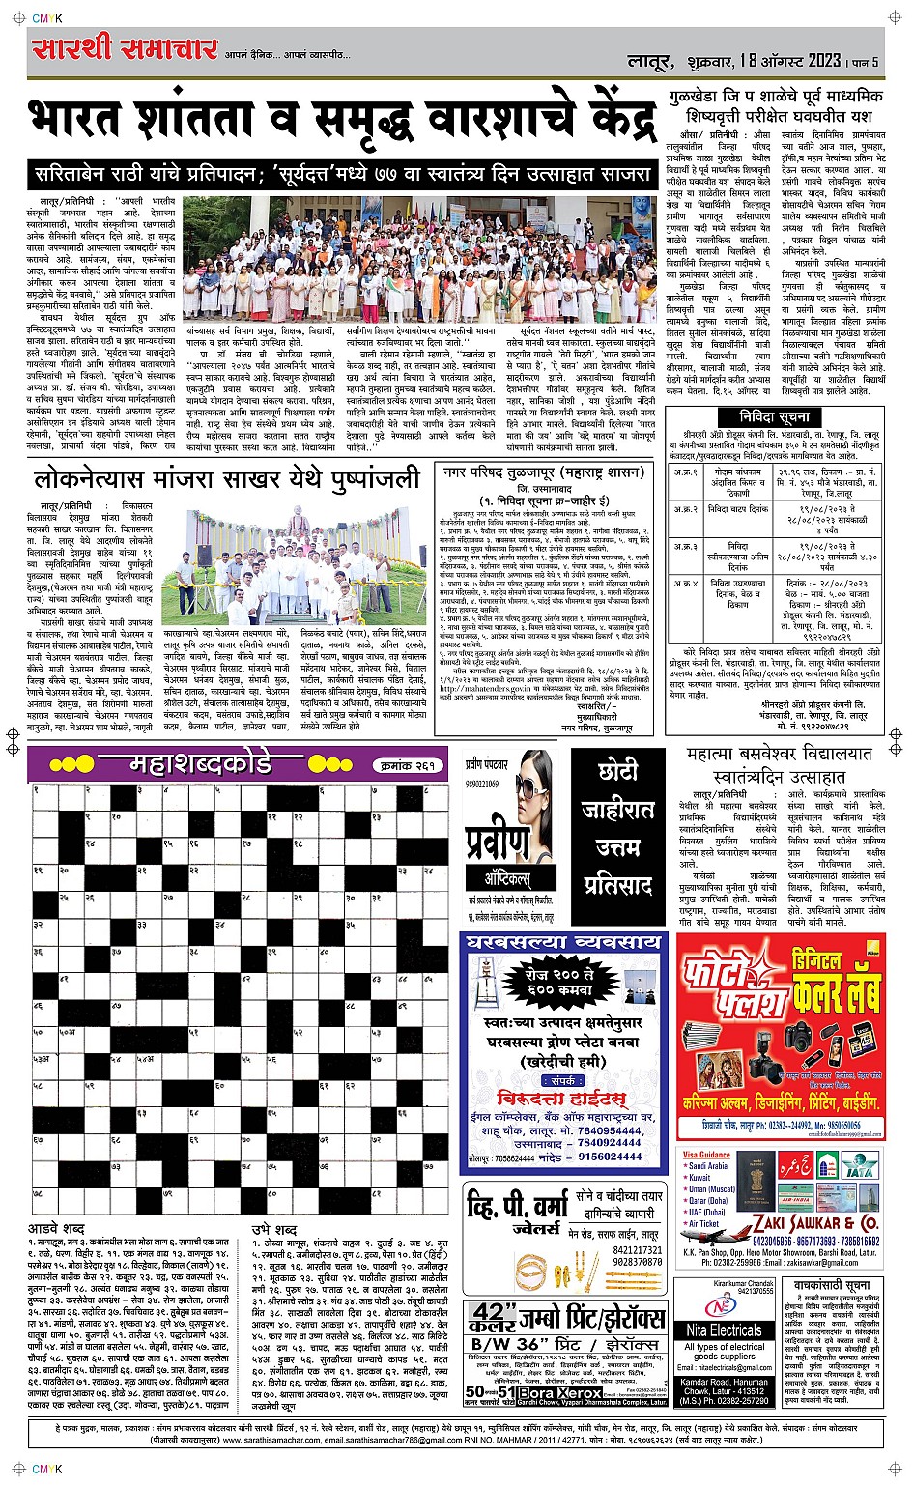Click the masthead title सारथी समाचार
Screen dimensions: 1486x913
pos(124,49)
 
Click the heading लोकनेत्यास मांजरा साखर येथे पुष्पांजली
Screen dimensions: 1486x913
pos(227,478)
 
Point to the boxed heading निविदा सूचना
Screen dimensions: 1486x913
pos(774,417)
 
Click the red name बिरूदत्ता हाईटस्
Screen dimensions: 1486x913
pos(559,1099)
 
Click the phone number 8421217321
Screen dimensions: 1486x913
pos(637,1249)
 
